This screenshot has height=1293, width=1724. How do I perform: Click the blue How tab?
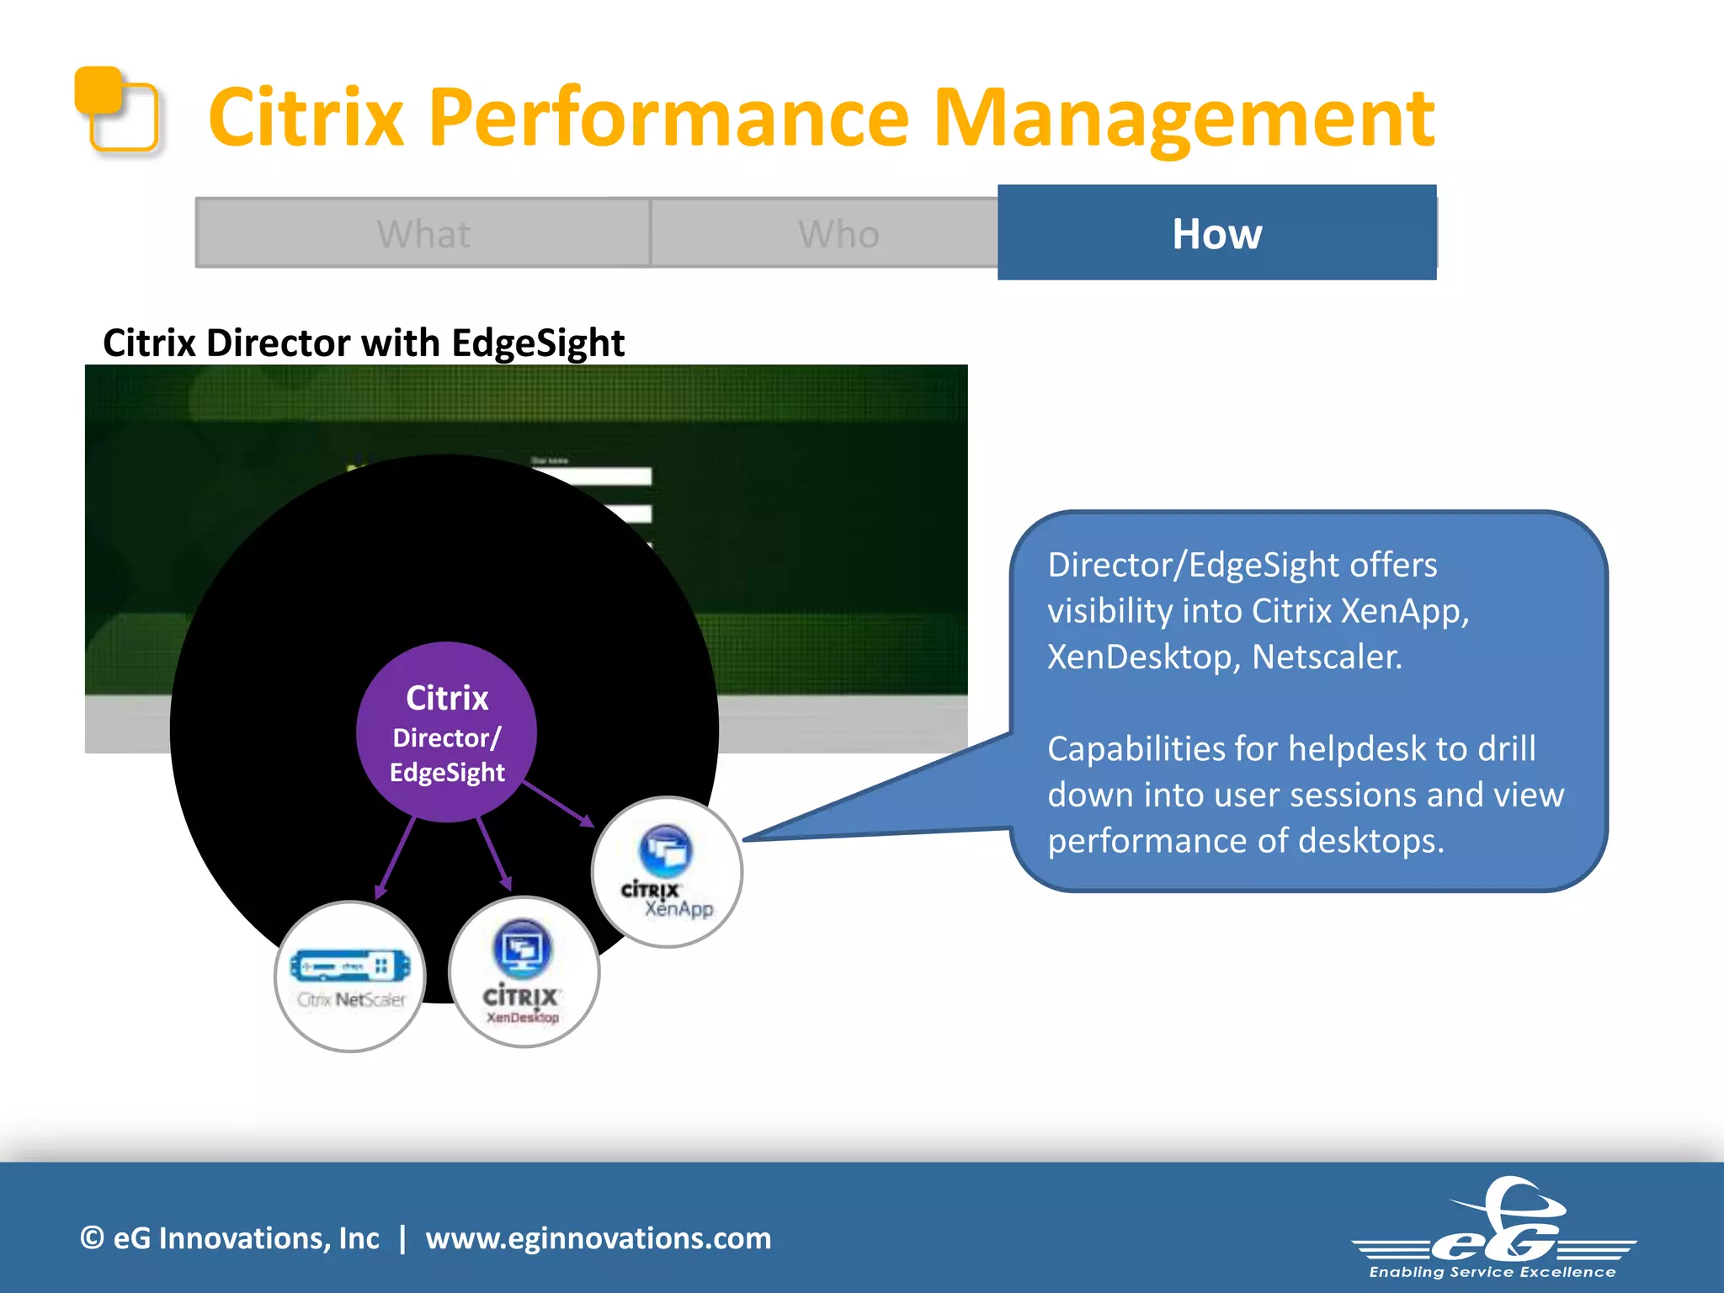[x=1216, y=233]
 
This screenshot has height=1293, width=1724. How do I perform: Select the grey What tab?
[x=423, y=233]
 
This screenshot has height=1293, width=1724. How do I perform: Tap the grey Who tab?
[x=838, y=233]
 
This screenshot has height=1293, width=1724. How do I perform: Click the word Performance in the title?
[x=668, y=118]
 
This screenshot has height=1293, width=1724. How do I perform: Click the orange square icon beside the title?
[x=117, y=109]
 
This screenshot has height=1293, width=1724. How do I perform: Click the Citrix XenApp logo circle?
[x=667, y=872]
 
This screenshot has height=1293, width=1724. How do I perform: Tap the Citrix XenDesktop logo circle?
[x=524, y=971]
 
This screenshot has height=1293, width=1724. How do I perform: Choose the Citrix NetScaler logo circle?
[x=350, y=976]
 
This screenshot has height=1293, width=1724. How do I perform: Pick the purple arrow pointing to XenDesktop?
[x=494, y=854]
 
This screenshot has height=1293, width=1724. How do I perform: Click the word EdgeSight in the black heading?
[x=537, y=343]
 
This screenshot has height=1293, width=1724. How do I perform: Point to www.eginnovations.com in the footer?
[x=598, y=1238]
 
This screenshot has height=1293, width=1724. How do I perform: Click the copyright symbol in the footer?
[x=92, y=1238]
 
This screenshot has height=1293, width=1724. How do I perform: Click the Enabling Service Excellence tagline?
[x=1493, y=1272]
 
